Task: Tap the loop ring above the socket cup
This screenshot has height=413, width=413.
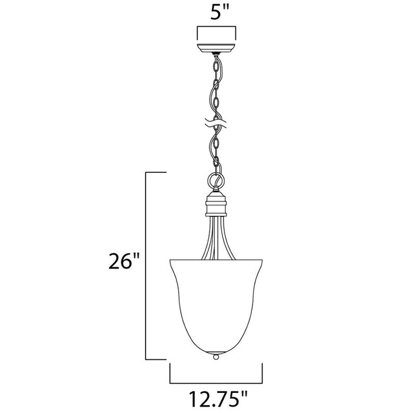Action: click(216, 179)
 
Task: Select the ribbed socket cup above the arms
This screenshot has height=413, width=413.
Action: click(217, 205)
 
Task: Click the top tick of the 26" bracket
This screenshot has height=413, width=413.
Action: click(156, 171)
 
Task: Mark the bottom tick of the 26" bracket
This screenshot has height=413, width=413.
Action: click(156, 358)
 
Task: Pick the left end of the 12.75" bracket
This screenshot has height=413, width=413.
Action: click(170, 373)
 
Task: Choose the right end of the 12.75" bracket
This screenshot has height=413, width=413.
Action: click(262, 373)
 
